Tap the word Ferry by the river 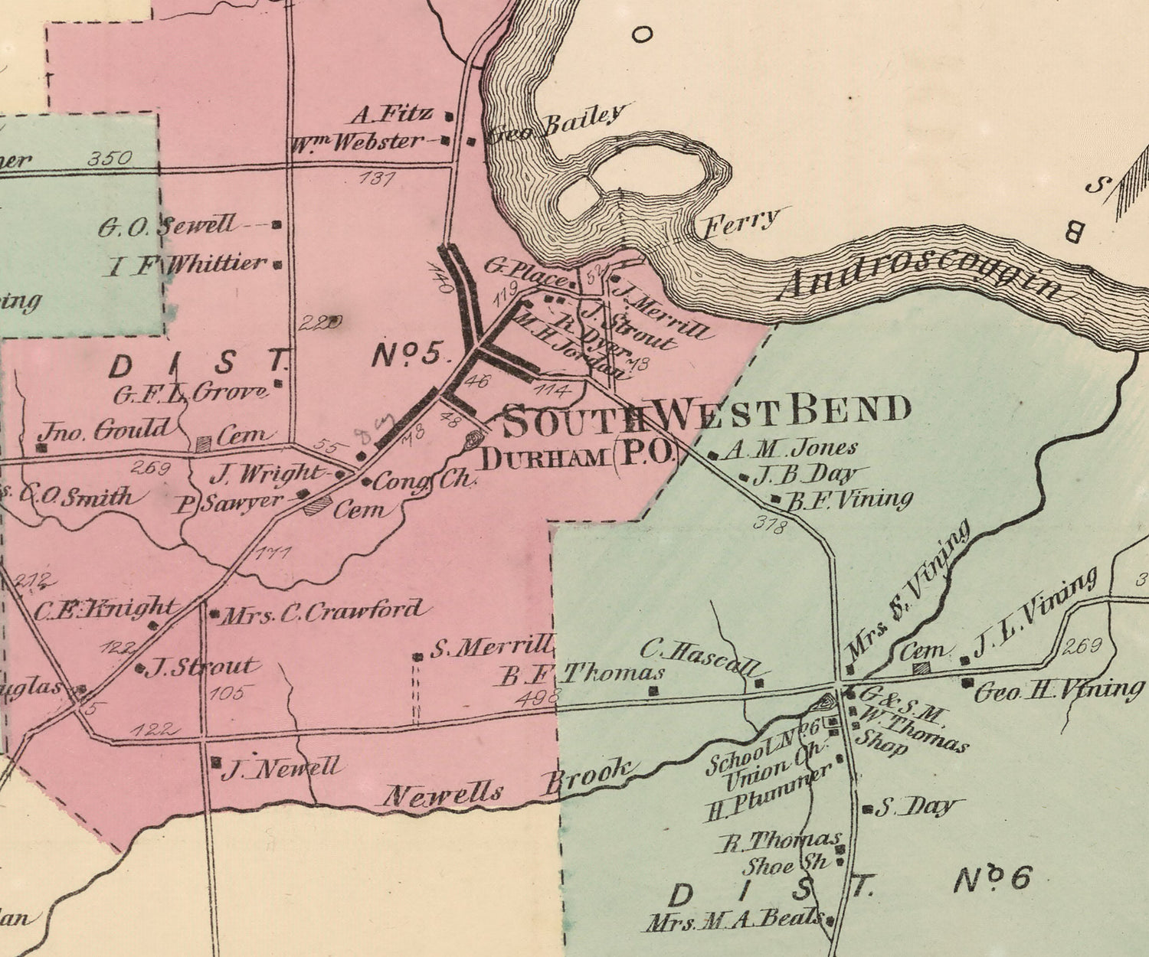tap(741, 223)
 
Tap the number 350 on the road tap(110, 158)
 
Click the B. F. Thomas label tap(582, 674)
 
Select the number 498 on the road tap(538, 697)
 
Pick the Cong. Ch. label tap(425, 481)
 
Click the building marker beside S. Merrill tap(417, 657)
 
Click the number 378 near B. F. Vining tap(769, 524)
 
